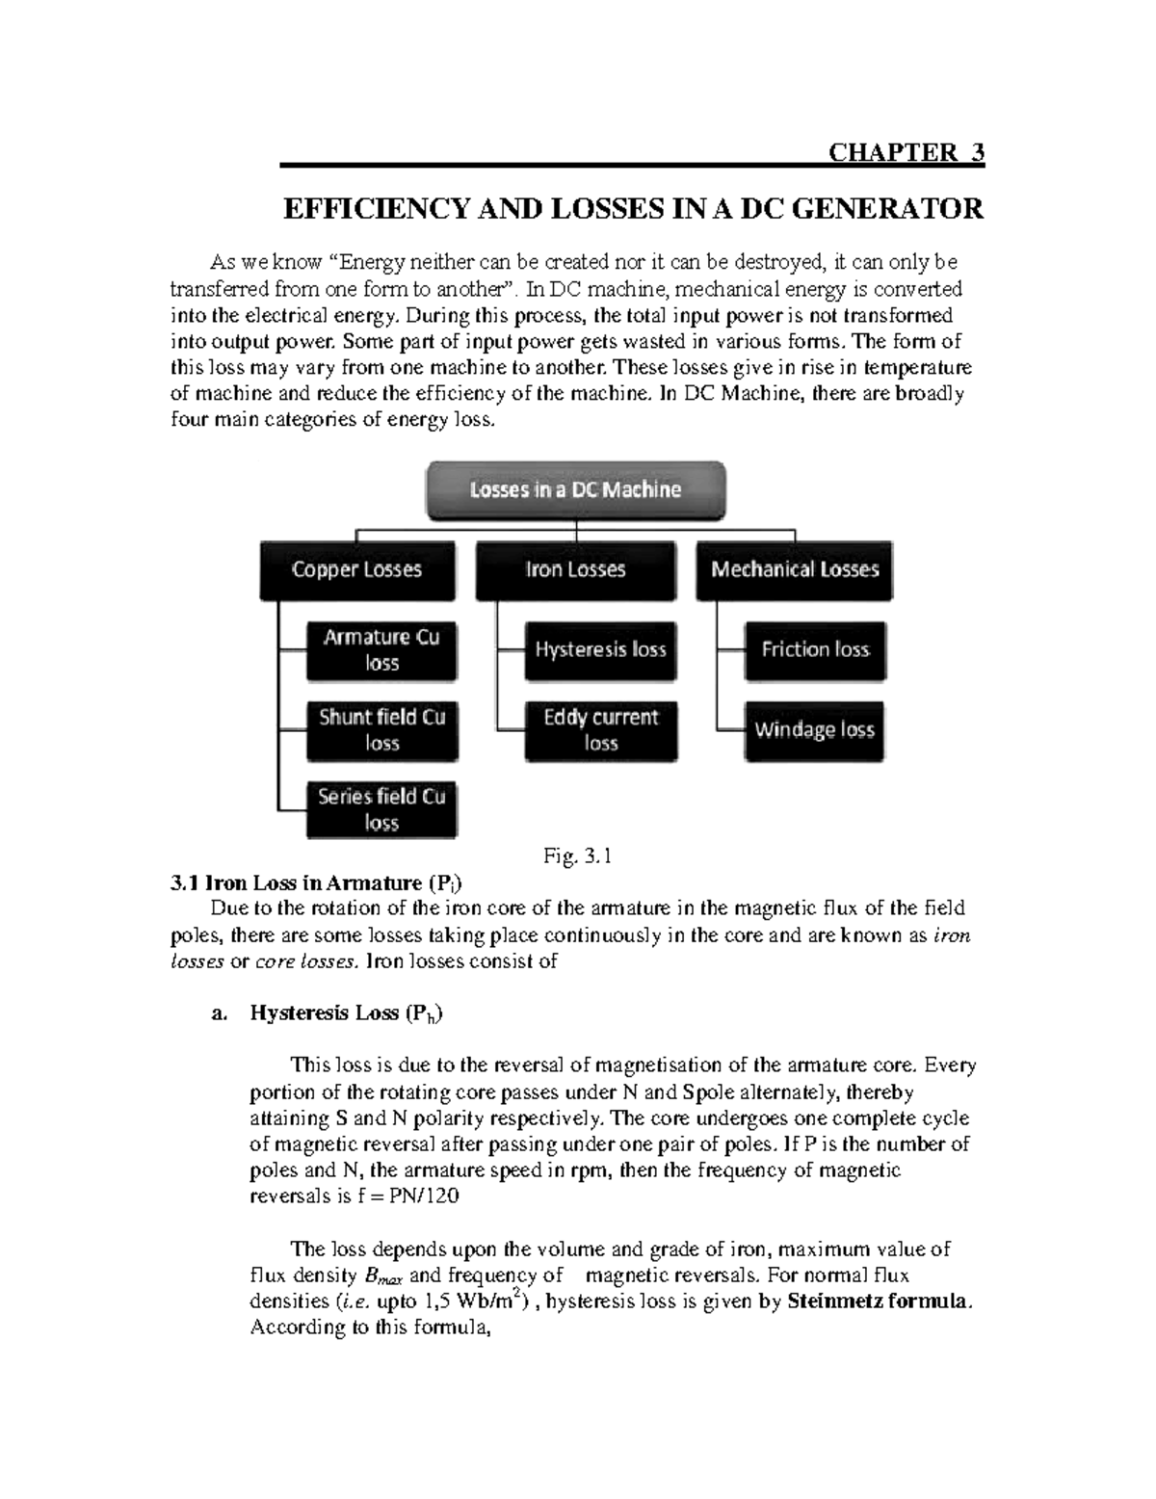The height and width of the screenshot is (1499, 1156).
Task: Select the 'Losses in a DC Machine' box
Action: tap(575, 489)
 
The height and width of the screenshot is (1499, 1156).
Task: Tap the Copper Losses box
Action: tap(356, 570)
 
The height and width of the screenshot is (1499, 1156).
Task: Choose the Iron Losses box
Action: tap(575, 570)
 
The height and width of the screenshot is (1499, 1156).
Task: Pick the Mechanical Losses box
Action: tap(795, 570)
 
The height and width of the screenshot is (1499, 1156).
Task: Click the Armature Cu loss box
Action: tap(381, 650)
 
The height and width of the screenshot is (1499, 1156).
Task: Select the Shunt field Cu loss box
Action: tap(381, 730)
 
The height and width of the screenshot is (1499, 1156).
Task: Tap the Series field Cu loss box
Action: tap(381, 810)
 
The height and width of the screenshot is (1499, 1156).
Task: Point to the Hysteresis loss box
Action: tap(600, 650)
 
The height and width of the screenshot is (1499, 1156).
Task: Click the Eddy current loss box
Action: tap(600, 730)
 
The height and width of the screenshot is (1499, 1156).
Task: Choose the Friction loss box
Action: tap(815, 650)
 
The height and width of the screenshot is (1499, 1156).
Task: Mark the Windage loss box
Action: tap(815, 730)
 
